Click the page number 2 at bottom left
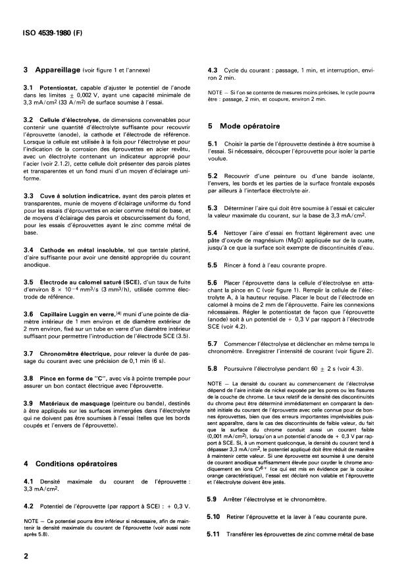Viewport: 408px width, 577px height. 25,557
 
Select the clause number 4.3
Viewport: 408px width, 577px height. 213,69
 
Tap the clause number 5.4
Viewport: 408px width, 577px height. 213,233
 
